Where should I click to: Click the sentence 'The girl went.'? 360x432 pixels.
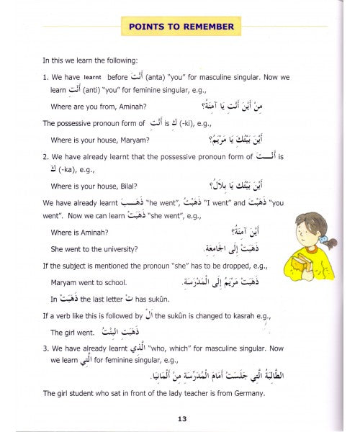click(x=73, y=333)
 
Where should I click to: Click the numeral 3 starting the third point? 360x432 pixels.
click(x=45, y=350)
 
